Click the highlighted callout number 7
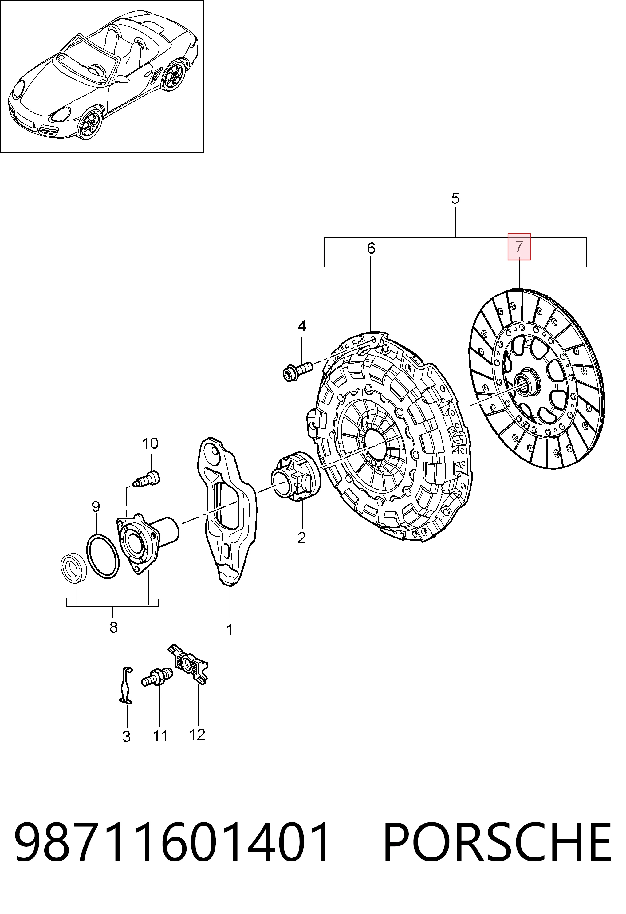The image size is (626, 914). tap(519, 247)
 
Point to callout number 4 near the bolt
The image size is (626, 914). tap(301, 326)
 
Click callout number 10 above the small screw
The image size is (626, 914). tap(150, 443)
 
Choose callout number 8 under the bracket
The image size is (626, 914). tap(113, 627)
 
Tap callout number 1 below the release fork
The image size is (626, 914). tap(230, 630)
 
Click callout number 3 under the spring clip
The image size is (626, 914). tap(126, 737)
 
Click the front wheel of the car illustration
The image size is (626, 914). tap(90, 124)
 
